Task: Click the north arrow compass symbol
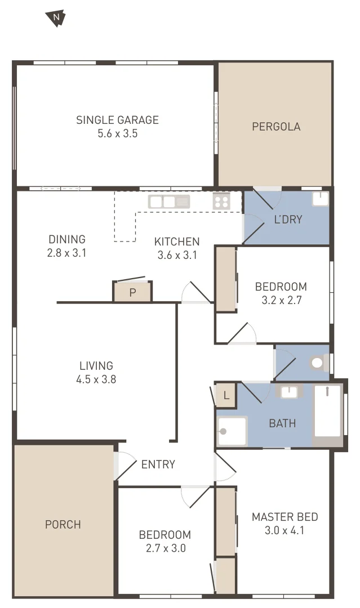(x=56, y=19)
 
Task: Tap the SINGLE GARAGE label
(x=117, y=120)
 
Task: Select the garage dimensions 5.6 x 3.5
(x=117, y=134)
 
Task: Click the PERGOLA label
(x=276, y=127)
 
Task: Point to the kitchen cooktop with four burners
(x=221, y=201)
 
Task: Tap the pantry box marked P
(x=132, y=292)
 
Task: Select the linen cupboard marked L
(x=226, y=396)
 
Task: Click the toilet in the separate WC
(x=318, y=363)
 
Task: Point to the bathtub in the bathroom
(x=327, y=411)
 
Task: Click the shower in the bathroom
(x=232, y=431)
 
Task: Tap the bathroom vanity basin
(x=290, y=392)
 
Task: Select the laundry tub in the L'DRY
(x=320, y=199)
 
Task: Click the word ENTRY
(x=158, y=464)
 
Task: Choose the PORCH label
(x=63, y=525)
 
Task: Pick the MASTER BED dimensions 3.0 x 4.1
(x=285, y=530)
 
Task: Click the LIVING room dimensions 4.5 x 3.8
(x=96, y=379)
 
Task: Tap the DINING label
(x=67, y=239)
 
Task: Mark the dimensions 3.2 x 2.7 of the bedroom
(x=282, y=300)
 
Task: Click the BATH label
(x=282, y=423)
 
